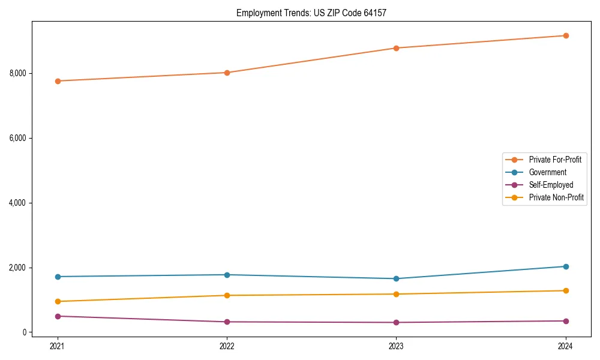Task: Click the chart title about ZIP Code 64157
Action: pos(315,13)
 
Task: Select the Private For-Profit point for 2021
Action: pos(58,81)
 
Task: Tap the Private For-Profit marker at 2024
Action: pos(566,36)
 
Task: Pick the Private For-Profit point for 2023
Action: pos(397,48)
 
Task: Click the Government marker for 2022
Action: pos(227,275)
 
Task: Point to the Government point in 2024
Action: pos(566,266)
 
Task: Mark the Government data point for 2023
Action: pos(397,279)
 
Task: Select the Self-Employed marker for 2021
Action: pos(58,316)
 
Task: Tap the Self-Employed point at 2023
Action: pos(397,323)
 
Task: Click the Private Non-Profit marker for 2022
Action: pos(227,295)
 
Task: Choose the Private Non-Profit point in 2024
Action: pos(566,291)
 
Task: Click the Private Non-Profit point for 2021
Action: pos(58,302)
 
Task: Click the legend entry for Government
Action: pos(547,172)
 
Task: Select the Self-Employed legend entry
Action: pos(551,185)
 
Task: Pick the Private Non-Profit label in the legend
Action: pos(556,197)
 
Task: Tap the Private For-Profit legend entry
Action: pos(555,160)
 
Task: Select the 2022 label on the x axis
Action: pos(227,346)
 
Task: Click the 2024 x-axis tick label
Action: pos(566,346)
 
